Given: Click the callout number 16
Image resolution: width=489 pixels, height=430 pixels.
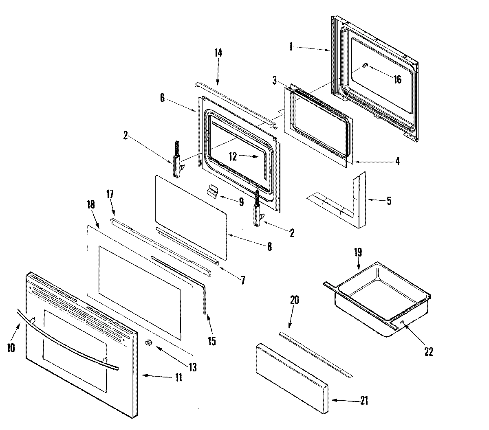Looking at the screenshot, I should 397,79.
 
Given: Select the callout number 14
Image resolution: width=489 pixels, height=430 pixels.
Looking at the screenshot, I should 218,53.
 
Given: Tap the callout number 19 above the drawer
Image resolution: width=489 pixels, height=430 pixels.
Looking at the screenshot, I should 358,252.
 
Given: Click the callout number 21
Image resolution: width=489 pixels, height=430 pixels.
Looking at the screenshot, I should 363,401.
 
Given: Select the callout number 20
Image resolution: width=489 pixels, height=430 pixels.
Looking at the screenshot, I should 294,301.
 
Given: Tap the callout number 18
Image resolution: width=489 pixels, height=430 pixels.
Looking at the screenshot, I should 91,204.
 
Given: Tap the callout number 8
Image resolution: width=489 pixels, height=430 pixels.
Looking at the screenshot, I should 269,246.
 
